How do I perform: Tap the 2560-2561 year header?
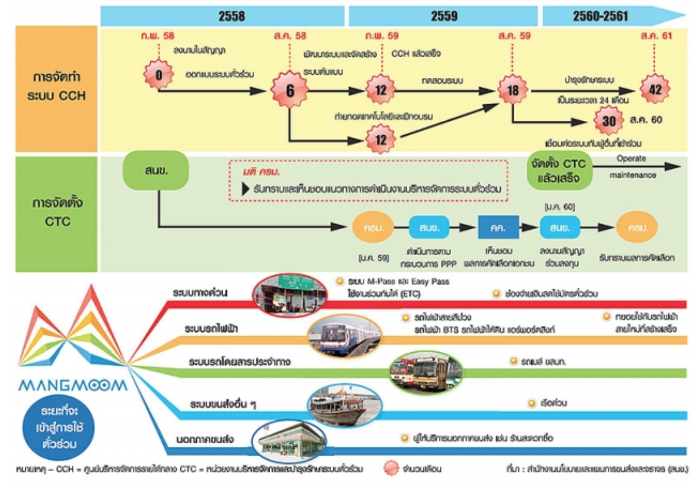coord(601,16)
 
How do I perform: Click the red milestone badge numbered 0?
coord(158,74)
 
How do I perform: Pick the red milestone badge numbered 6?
coord(290,90)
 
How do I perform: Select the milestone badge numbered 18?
coord(513,90)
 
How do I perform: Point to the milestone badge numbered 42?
coord(655,89)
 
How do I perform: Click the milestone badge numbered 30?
coord(609,120)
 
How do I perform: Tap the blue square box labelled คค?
coord(498,227)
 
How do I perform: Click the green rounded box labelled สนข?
coord(156,171)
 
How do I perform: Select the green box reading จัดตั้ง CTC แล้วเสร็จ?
coord(559,171)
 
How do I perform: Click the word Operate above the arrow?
coord(631,158)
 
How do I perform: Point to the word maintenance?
coord(633,175)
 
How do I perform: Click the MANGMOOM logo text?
coord(73,385)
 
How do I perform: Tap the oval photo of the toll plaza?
coord(290,294)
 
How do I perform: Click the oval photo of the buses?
coord(426,372)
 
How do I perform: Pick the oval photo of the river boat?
coord(345,405)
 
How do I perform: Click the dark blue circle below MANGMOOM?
coord(58,427)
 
